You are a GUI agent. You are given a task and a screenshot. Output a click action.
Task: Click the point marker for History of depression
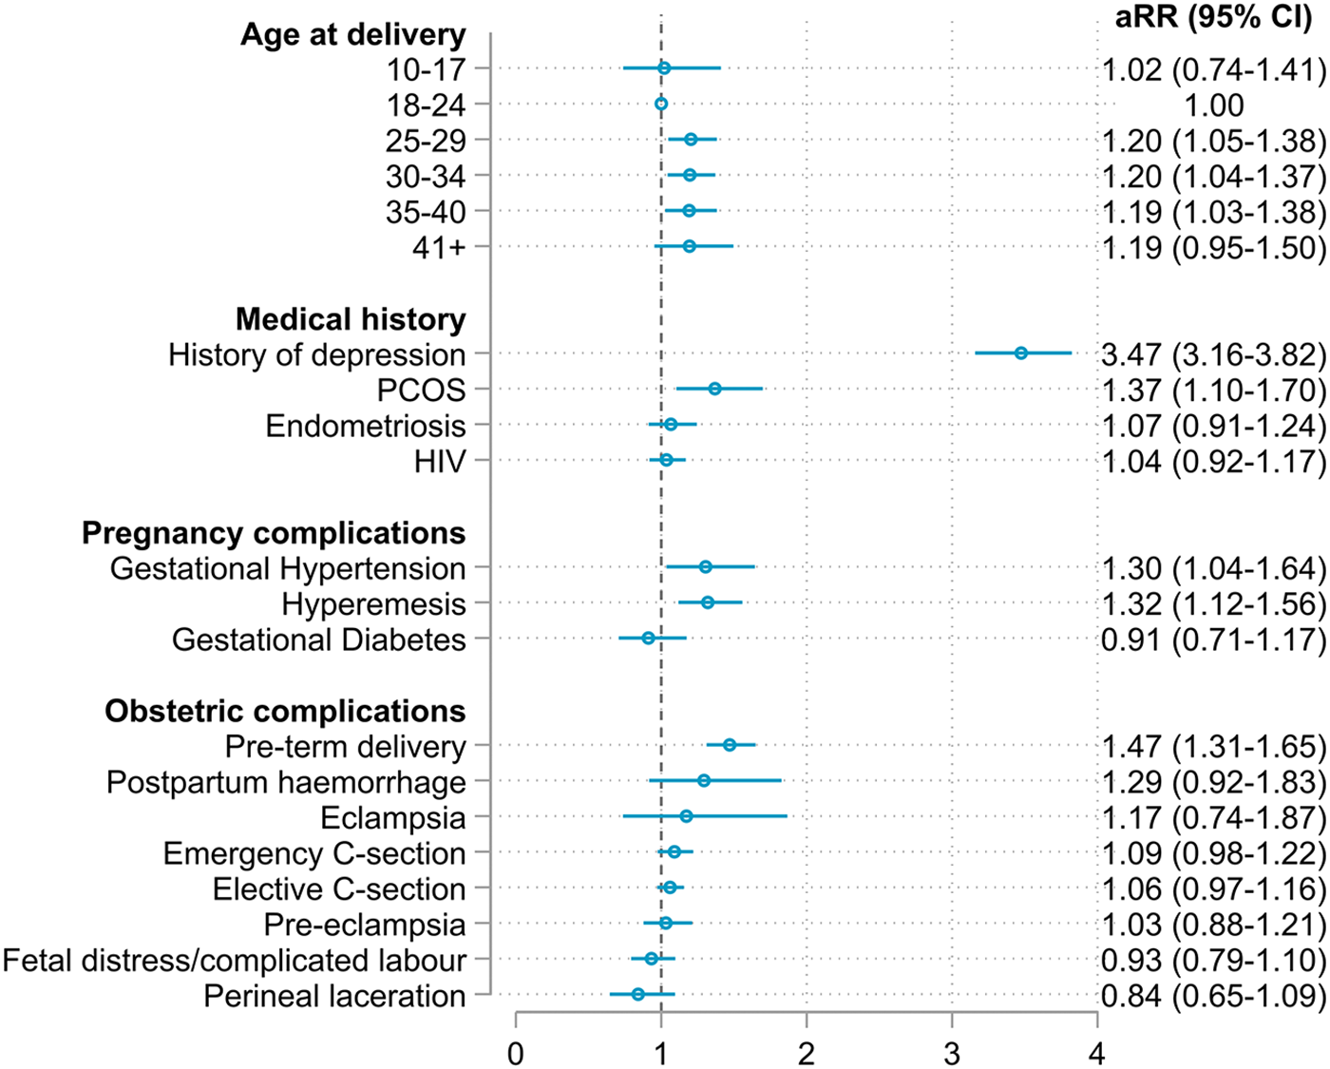[1021, 353]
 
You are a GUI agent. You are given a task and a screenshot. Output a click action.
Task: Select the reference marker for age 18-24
[661, 105]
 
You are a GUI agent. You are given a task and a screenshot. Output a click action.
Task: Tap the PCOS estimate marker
[714, 389]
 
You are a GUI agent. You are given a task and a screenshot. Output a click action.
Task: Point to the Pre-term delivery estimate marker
[730, 745]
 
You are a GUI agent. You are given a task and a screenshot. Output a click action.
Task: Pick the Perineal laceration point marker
[638, 994]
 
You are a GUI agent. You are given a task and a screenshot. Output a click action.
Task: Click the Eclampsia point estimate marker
[686, 816]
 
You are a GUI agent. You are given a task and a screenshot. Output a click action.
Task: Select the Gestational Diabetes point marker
[649, 639]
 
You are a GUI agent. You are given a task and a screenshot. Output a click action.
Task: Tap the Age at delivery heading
[352, 34]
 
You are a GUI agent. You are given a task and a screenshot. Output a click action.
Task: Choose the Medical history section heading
[351, 319]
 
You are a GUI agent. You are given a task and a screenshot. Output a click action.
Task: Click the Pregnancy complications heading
[274, 533]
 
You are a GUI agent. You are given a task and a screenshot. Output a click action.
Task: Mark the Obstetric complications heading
[285, 711]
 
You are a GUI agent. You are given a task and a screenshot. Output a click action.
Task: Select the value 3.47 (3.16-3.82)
[1213, 354]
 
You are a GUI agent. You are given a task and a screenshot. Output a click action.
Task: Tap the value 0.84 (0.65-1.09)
[1213, 996]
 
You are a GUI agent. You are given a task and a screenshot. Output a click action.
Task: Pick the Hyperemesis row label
[373, 604]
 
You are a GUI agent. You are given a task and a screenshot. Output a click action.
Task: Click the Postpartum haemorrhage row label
[286, 782]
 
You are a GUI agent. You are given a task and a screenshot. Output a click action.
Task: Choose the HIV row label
[440, 462]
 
